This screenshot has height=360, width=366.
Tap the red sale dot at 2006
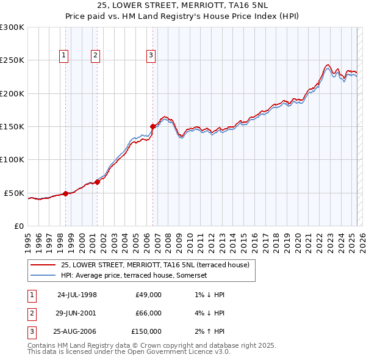(x=152, y=127)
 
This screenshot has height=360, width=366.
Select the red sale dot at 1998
(x=65, y=193)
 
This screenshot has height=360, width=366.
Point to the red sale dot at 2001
(x=97, y=182)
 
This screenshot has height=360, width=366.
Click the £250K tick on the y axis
(x=12, y=60)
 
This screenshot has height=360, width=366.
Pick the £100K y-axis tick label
(x=12, y=160)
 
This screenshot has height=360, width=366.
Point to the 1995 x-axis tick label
(x=28, y=238)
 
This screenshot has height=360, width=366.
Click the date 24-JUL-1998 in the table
(x=77, y=295)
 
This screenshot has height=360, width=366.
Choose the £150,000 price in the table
(x=146, y=331)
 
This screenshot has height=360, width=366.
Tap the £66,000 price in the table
(x=148, y=313)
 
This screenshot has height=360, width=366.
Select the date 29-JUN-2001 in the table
(x=77, y=313)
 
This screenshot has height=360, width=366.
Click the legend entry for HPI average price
(x=134, y=275)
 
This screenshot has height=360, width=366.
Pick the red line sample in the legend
(x=43, y=265)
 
